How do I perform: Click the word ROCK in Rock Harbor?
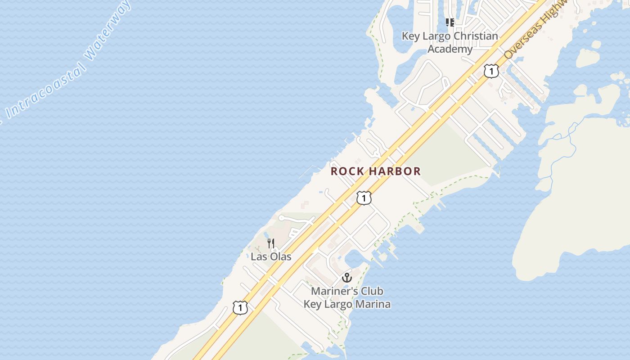[x=348, y=171]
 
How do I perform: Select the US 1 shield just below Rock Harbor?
[x=364, y=198]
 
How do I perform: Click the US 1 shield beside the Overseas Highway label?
[x=491, y=71]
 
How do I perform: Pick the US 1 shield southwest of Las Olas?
[x=240, y=308]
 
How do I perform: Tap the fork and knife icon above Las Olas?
[x=271, y=243]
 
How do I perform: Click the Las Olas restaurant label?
[x=271, y=257]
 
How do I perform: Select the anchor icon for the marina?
[x=346, y=277]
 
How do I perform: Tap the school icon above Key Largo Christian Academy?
[x=450, y=22]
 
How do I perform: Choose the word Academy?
[x=450, y=49]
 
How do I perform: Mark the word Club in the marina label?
[x=372, y=291]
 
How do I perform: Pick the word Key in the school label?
[x=410, y=36]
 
